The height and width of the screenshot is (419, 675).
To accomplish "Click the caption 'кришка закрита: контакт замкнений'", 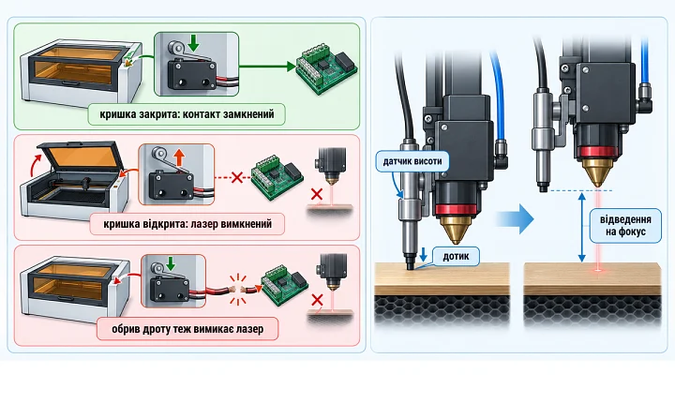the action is coord(187,114).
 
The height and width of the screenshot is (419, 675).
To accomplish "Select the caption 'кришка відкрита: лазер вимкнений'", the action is coord(187,224).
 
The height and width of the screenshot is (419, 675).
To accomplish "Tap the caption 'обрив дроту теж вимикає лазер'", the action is coord(187,329).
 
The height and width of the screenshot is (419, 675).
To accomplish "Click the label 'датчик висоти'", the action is coord(412,161).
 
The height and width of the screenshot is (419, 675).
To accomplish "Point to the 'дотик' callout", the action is coord(456,256).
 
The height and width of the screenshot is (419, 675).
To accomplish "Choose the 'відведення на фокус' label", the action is coord(625,225).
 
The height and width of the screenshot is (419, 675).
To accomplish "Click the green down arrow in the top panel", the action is coord(194,42).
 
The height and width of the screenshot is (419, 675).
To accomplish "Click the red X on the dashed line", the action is coord(237,177).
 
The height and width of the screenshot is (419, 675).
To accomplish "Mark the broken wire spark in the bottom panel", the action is coord(237,290).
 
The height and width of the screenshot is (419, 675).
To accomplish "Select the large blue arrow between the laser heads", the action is coord(516,218).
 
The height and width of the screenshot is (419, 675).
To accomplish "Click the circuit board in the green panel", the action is coord(327,70).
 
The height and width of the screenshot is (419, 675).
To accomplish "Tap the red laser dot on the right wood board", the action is coord(598,270).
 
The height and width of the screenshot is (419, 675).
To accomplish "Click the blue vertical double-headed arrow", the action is coord(581,228).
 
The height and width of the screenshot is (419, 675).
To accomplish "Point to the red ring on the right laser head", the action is coord(597,152).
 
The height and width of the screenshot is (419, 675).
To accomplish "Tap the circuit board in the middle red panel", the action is coord(277,176).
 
